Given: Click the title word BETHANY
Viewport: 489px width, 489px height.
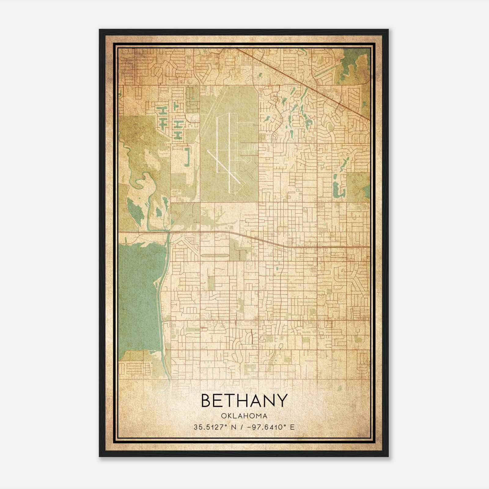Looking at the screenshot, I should point(244,401).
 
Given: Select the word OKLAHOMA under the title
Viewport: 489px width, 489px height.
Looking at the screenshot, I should point(244,416).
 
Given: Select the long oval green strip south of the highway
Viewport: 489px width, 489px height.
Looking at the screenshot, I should point(215,256).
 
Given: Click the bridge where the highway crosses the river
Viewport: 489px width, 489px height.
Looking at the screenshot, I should point(168,232).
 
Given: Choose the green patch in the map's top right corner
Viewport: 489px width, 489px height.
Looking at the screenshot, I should point(355,64).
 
